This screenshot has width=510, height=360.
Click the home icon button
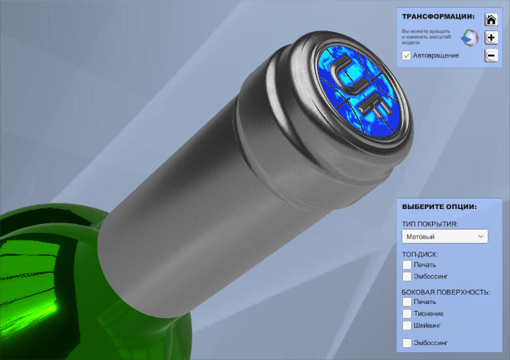click(x=491, y=20)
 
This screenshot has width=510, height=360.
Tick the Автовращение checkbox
click(x=406, y=55)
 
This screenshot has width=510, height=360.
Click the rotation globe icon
click(x=470, y=38)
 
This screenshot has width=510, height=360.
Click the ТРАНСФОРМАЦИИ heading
click(x=438, y=16)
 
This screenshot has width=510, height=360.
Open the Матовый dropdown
click(x=445, y=237)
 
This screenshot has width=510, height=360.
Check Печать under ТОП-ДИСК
click(x=407, y=265)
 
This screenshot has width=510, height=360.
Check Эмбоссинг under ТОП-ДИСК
click(x=407, y=276)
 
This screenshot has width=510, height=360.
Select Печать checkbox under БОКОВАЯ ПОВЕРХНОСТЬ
click(x=407, y=302)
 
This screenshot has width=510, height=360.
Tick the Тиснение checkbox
click(x=407, y=313)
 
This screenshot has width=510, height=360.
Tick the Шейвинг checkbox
click(x=407, y=325)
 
